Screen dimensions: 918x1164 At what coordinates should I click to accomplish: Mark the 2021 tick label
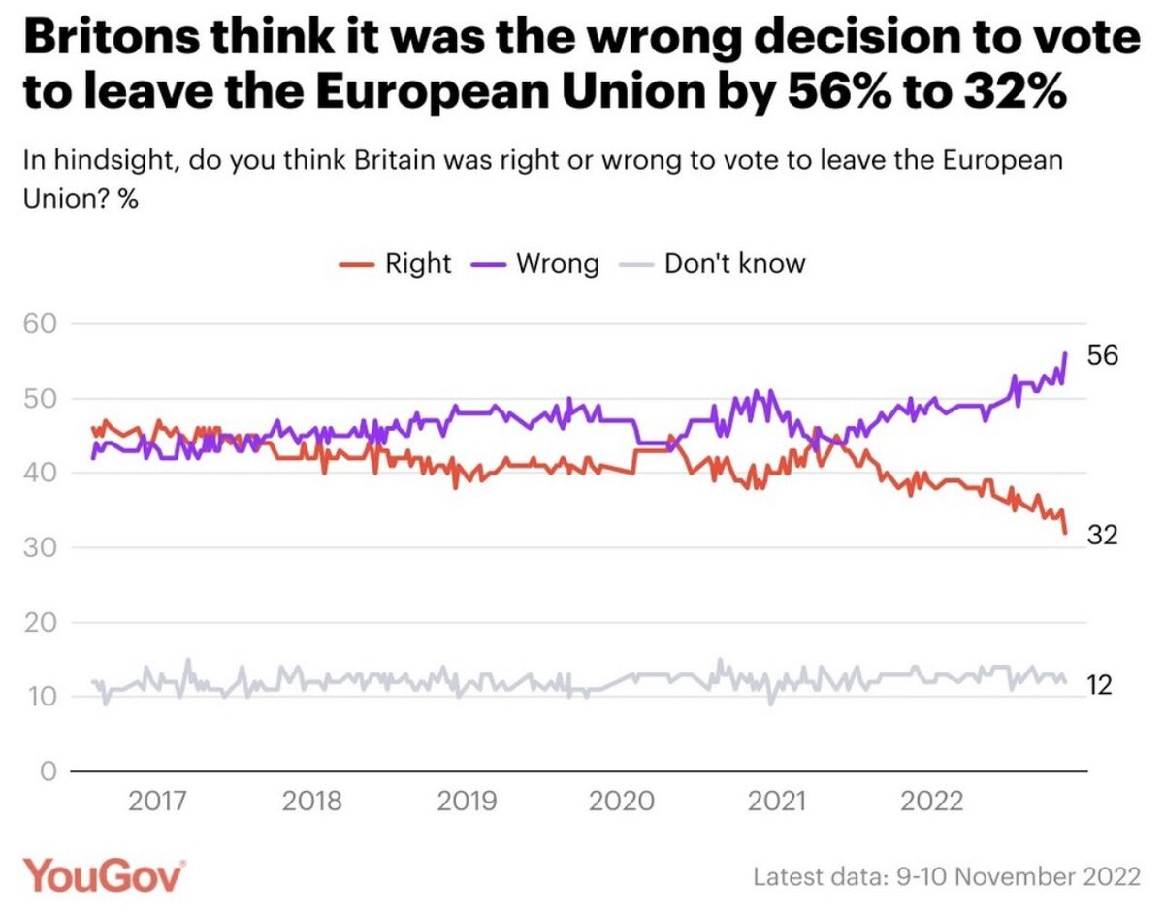coord(778,802)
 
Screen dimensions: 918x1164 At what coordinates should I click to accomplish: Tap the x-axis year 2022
coord(932,802)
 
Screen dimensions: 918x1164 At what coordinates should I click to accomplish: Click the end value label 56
coord(1102,356)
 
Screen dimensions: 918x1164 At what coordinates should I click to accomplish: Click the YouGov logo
coord(104,876)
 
